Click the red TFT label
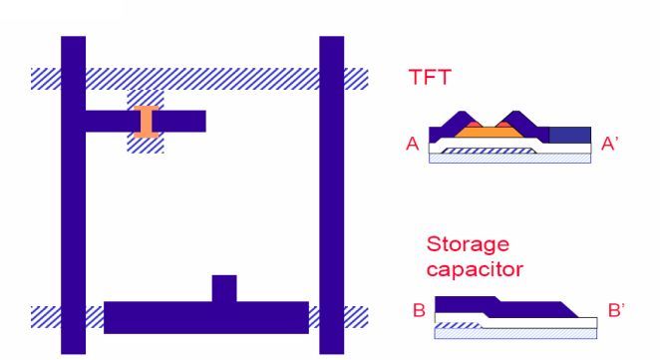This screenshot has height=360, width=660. (x=431, y=76)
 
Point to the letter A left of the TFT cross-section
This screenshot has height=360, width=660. (x=411, y=144)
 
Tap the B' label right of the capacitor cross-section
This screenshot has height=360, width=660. (x=616, y=310)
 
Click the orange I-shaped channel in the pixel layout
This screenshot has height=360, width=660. (x=146, y=120)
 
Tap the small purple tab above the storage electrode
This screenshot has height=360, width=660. (x=224, y=287)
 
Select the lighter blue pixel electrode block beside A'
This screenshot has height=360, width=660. (x=569, y=135)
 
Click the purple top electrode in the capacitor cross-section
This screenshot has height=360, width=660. (x=489, y=304)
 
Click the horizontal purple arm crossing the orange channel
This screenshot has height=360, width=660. (x=179, y=121)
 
